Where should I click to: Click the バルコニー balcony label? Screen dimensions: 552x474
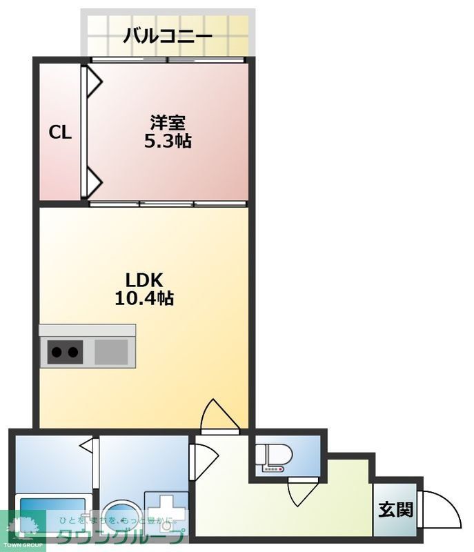pyautogui.click(x=168, y=36)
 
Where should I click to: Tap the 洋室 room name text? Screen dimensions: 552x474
pyautogui.click(x=168, y=124)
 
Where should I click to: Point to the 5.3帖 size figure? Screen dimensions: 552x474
pyautogui.click(x=168, y=142)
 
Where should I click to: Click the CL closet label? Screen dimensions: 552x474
pyautogui.click(x=60, y=132)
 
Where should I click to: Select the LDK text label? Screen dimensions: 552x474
pyautogui.click(x=144, y=280)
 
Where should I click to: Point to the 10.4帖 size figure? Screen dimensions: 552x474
pyautogui.click(x=144, y=298)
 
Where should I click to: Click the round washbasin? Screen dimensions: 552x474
pyautogui.click(x=123, y=515)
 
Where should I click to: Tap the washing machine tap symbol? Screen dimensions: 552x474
pyautogui.click(x=166, y=511)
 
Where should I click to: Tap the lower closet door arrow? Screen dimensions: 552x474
pyautogui.click(x=92, y=184)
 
